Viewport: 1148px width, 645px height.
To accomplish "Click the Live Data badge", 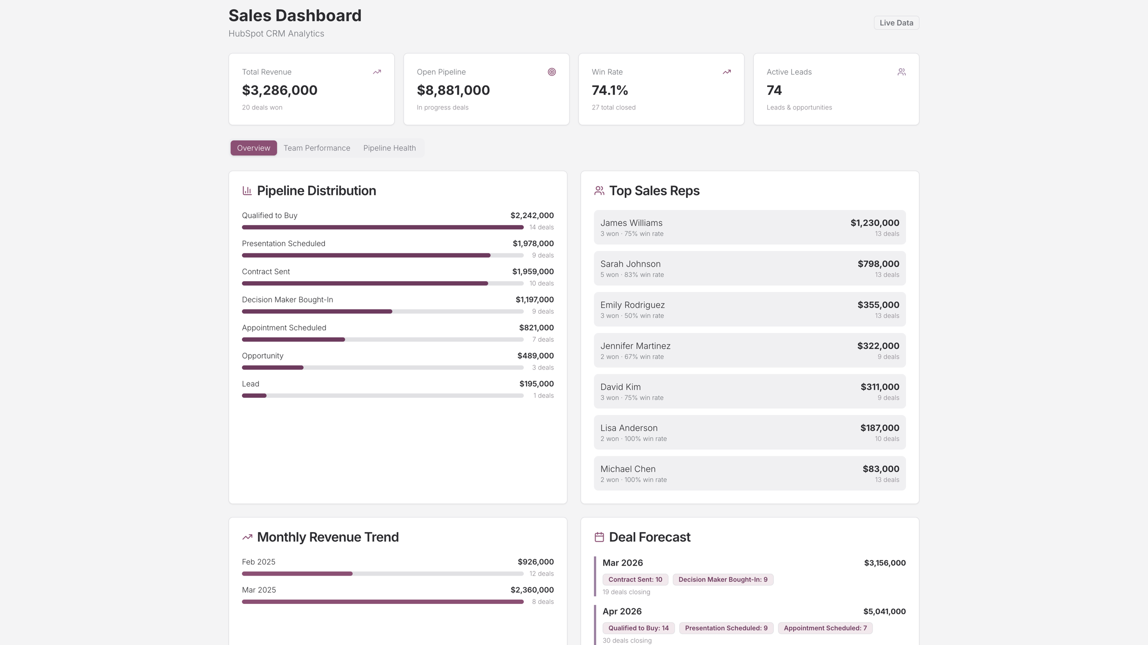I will click(x=896, y=23).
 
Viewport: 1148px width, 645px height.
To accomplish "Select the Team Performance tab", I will click(x=317, y=148).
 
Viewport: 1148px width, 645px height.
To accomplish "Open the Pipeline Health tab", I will click(x=389, y=148).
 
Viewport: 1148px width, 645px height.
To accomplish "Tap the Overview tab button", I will click(x=254, y=148).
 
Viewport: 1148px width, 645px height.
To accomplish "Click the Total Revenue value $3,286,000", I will click(x=279, y=90).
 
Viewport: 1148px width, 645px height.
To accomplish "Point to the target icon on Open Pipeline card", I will click(x=552, y=72).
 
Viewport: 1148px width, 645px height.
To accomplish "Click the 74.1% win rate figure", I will click(x=609, y=90).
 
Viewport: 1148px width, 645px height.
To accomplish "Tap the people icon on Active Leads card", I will click(x=901, y=72).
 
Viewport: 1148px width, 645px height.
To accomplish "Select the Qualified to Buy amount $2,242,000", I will click(x=531, y=215).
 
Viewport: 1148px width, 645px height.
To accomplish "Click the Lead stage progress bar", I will click(x=382, y=395).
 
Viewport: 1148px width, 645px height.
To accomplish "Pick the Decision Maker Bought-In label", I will click(x=287, y=299).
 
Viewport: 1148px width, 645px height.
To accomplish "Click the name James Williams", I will click(x=631, y=223).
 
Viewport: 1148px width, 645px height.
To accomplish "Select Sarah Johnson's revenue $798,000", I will click(x=878, y=264).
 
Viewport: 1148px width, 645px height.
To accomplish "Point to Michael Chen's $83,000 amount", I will click(x=880, y=469).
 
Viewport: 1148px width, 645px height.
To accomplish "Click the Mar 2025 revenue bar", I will click(x=382, y=601).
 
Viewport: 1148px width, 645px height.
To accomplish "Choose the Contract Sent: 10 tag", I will click(x=635, y=579).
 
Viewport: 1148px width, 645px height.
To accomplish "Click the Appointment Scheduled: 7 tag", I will click(x=825, y=628).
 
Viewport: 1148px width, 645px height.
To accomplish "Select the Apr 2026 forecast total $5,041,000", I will click(x=884, y=611).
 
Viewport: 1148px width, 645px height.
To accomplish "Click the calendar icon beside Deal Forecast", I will click(x=599, y=537).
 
